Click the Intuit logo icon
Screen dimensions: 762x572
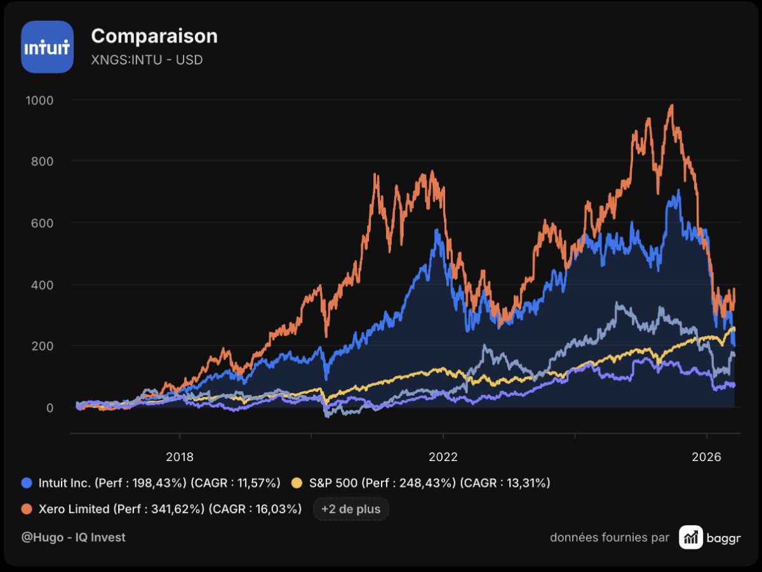point(47,47)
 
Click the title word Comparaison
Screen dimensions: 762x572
point(154,36)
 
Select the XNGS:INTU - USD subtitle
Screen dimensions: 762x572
point(147,60)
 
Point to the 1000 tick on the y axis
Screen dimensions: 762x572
point(39,101)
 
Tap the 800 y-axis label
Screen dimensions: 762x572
point(42,162)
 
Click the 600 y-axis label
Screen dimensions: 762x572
point(42,223)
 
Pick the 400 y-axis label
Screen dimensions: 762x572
point(42,285)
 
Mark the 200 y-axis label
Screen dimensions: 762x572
point(42,346)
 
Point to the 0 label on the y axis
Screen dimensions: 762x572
point(50,408)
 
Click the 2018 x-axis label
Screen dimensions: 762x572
point(180,457)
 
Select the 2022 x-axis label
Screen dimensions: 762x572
point(443,457)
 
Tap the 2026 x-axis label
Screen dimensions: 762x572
point(707,457)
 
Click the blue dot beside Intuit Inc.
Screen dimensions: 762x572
point(27,483)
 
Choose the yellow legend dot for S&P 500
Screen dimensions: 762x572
point(297,483)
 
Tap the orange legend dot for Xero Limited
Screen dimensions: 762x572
point(27,509)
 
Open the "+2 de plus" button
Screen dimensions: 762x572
point(351,509)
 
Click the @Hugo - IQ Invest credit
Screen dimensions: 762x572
point(73,537)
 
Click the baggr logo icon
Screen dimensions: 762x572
point(691,537)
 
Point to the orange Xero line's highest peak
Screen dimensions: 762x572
point(672,105)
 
